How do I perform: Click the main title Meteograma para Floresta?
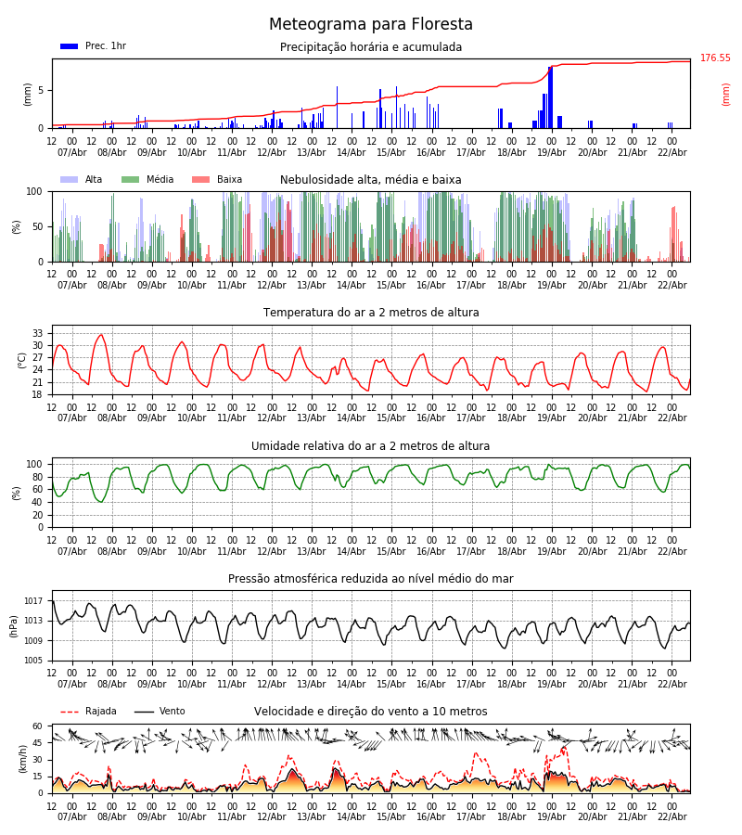click(x=371, y=25)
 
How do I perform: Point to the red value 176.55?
click(x=715, y=58)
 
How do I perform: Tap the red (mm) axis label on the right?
click(x=726, y=94)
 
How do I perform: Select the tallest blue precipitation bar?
click(x=550, y=96)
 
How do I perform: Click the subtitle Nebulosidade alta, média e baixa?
click(x=371, y=180)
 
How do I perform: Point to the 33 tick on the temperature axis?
click(x=38, y=333)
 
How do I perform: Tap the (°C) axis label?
click(x=22, y=359)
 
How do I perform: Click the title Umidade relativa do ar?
click(x=371, y=446)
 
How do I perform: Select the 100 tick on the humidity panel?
click(x=35, y=464)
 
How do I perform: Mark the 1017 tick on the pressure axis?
click(x=33, y=601)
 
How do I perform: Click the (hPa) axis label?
click(x=14, y=625)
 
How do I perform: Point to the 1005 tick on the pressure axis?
click(x=33, y=661)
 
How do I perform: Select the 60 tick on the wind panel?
click(x=38, y=726)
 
